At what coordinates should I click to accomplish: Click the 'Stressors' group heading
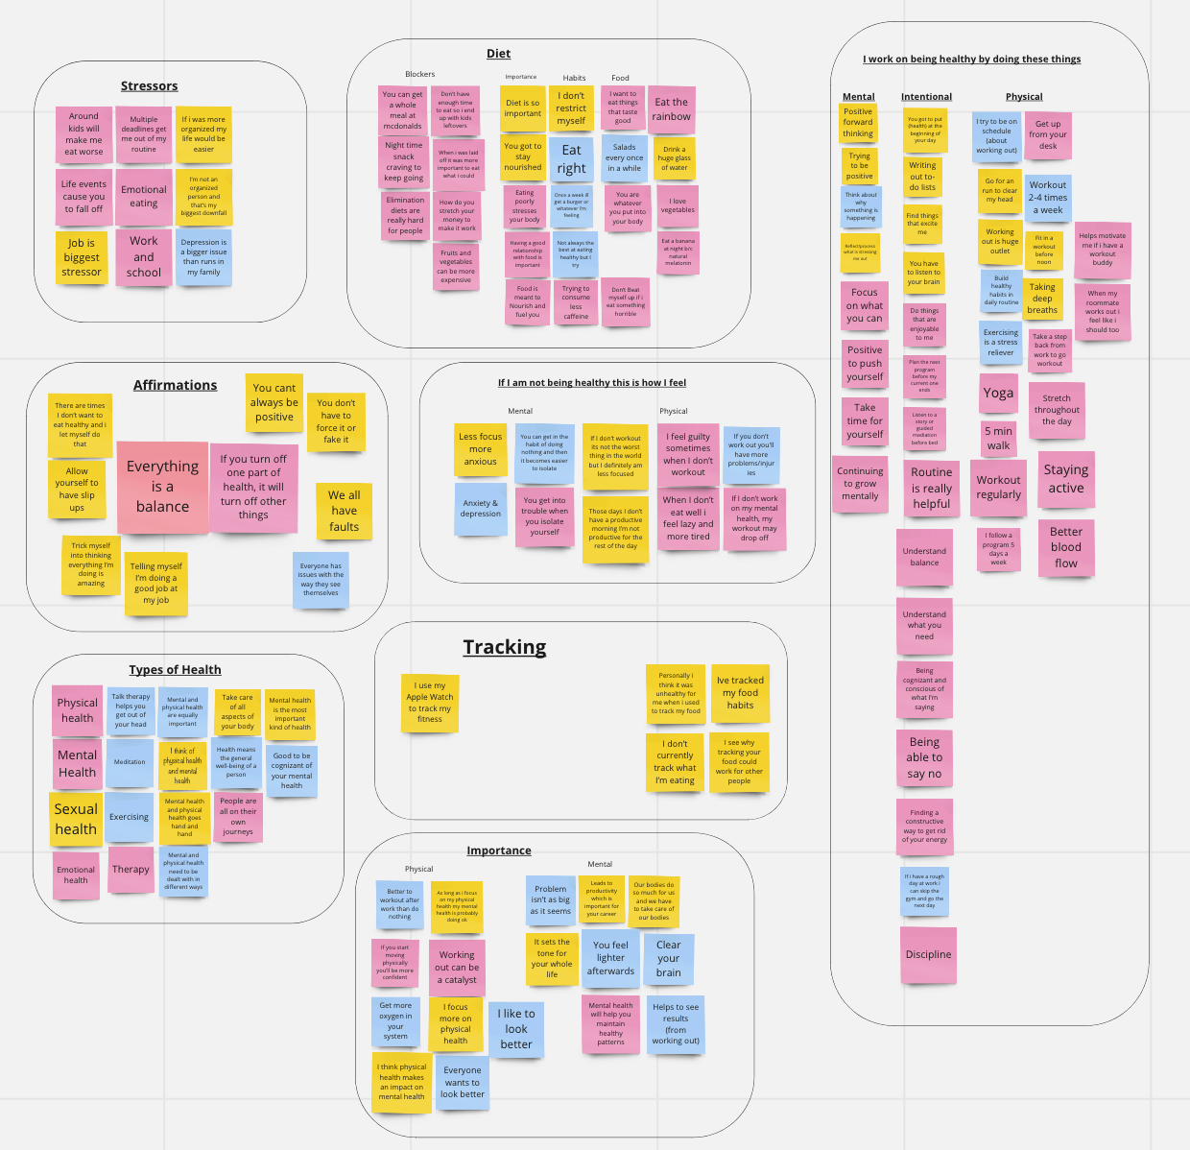point(149,86)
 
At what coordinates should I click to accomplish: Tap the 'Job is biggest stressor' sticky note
point(82,257)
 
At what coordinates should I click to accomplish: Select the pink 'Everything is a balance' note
point(162,487)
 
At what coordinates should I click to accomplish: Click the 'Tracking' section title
point(505,648)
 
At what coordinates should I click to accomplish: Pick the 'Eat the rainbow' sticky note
point(671,109)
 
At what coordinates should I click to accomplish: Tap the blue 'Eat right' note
point(571,159)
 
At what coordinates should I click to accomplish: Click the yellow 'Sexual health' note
point(76,819)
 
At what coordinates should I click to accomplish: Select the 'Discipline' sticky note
point(928,955)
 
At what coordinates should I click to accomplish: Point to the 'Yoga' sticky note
point(998,393)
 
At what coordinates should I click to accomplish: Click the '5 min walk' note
point(998,439)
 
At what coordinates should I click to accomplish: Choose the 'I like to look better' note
point(516,1029)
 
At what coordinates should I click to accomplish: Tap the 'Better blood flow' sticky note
point(1065,547)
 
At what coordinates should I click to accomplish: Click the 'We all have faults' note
point(344,511)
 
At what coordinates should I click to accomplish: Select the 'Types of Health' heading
point(175,670)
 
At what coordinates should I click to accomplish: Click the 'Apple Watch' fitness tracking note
point(429,703)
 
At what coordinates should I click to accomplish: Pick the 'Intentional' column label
point(926,97)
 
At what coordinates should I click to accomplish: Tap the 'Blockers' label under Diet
point(419,74)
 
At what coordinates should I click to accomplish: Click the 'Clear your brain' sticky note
point(668,958)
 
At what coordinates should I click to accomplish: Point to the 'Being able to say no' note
point(924,757)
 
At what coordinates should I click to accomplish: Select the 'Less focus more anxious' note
point(481,449)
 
